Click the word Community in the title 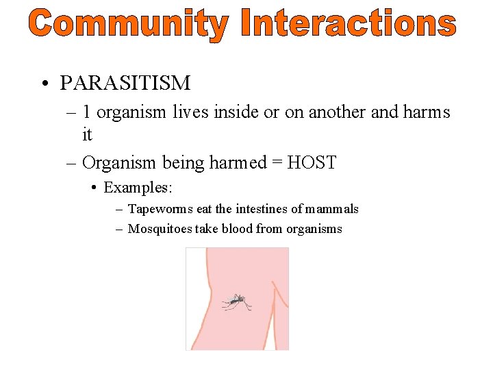[x=129, y=25]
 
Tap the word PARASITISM [x=125, y=84]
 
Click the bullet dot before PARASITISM [x=43, y=84]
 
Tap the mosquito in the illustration [x=236, y=301]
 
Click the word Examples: [x=136, y=186]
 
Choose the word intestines [x=258, y=209]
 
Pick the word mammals [x=333, y=209]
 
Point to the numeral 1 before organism [x=87, y=112]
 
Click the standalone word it [x=87, y=135]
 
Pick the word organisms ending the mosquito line [x=312, y=230]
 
